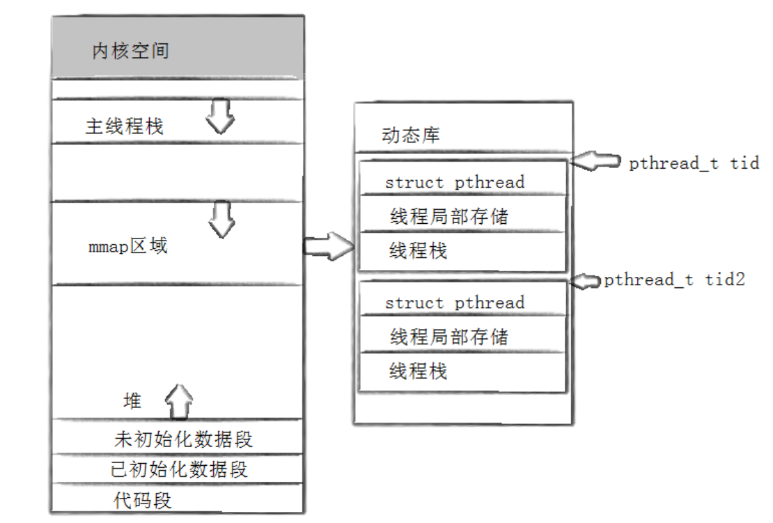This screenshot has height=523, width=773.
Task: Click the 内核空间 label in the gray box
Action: point(131,52)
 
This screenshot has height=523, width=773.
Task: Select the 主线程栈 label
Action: point(124,127)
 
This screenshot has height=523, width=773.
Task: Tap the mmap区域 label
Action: point(128,247)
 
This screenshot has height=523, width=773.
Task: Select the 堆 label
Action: point(132,401)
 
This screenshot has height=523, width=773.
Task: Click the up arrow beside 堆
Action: point(179,401)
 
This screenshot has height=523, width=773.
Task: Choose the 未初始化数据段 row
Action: point(183,439)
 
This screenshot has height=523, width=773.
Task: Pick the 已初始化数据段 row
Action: point(180,469)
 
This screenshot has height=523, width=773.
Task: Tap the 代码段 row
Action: point(143,500)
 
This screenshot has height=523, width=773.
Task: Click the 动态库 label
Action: point(411,135)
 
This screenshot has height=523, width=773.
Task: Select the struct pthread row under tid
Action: point(455,183)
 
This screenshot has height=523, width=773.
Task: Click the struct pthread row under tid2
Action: point(455,303)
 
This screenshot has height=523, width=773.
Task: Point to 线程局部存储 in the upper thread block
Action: point(449,217)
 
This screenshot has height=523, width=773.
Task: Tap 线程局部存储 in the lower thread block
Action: point(449,338)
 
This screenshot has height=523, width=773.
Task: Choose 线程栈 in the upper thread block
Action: point(418,251)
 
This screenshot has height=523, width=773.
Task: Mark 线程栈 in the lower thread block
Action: point(418,371)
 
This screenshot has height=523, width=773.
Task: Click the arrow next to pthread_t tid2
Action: point(586,281)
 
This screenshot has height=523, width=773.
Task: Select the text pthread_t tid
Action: point(694,164)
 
